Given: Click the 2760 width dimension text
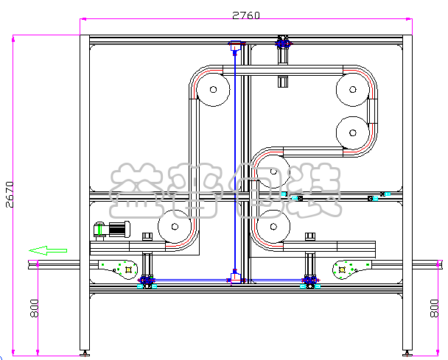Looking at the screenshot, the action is point(246,15).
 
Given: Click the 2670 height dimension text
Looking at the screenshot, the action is point(10,194).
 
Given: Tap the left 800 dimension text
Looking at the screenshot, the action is point(35,308).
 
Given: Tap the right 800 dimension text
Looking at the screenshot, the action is point(434,308).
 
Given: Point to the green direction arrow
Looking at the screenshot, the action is point(48,250).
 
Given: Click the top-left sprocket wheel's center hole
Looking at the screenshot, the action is point(213,90).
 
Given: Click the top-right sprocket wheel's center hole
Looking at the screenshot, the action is point(353,90).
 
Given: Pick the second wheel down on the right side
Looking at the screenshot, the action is point(353,133).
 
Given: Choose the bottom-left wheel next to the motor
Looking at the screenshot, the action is point(175,227).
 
